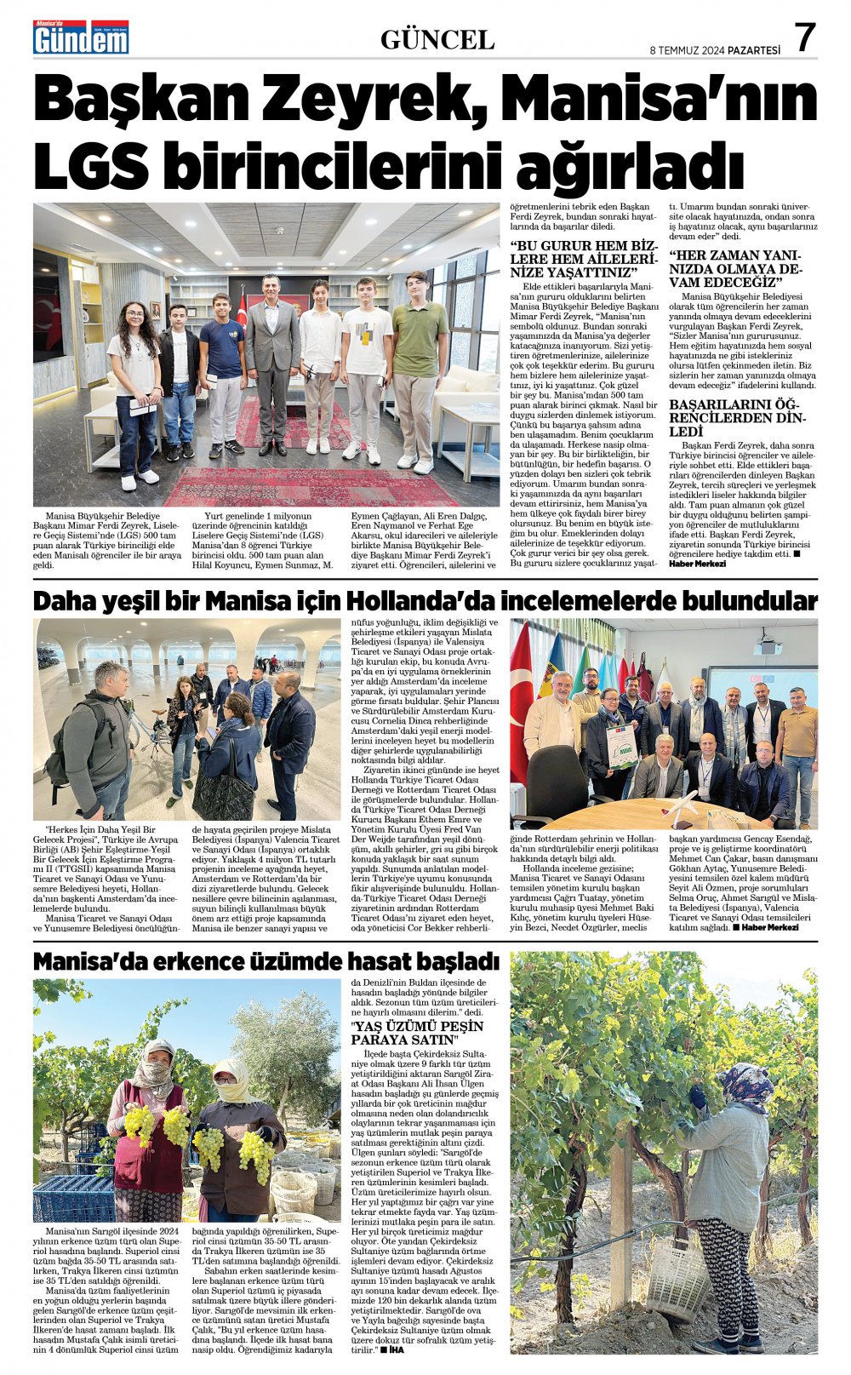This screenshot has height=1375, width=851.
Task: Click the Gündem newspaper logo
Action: click(x=81, y=37)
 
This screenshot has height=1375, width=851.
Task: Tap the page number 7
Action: click(x=804, y=38)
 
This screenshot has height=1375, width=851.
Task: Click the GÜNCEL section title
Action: click(x=437, y=39)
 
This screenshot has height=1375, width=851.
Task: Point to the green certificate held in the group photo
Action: click(x=622, y=746)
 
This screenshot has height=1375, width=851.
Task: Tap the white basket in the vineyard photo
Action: click(x=677, y=1276)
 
